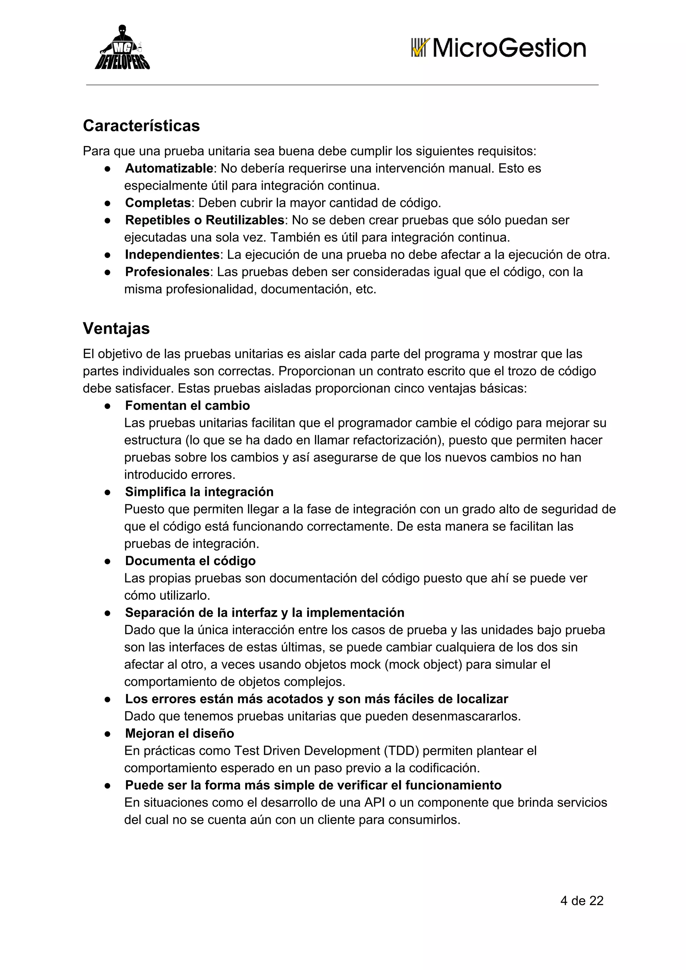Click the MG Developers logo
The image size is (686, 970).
122,48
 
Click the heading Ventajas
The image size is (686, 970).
116,329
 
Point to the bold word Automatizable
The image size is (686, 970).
169,169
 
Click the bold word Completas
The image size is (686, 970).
158,203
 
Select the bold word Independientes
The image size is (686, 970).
172,255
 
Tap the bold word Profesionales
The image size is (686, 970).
167,272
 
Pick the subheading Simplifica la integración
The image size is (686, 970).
199,492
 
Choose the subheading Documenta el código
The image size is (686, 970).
190,561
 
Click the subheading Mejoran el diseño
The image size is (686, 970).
180,734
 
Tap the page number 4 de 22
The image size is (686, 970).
582,901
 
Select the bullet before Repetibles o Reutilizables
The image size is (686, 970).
108,220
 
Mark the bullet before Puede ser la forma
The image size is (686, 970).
108,786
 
